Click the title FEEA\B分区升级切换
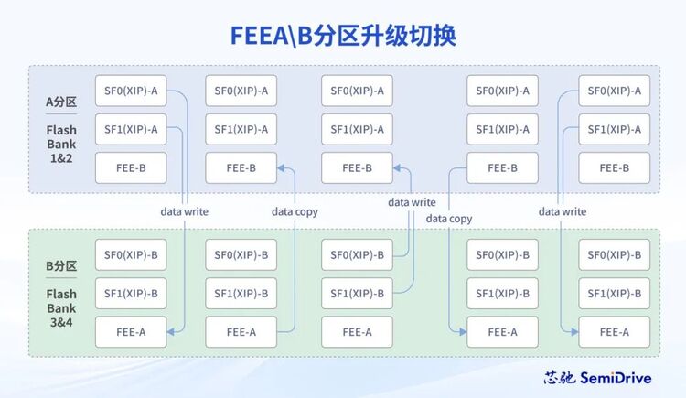(343, 36)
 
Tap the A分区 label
(61, 102)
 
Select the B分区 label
(61, 265)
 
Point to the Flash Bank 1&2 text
(61, 144)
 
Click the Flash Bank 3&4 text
(61, 308)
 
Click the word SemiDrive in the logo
(616, 378)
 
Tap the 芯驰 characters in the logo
(560, 378)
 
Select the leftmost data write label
(184, 211)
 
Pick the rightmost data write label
(563, 211)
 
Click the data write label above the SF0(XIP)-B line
(412, 202)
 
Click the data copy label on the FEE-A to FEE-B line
(295, 212)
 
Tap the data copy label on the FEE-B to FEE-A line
(449, 219)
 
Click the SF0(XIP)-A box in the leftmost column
(131, 91)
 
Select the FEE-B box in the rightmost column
(615, 167)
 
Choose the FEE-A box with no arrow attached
(357, 332)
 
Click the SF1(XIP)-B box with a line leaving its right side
(357, 294)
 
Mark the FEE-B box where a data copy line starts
(502, 167)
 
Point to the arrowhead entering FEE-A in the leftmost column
(171, 332)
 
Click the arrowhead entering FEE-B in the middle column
(397, 167)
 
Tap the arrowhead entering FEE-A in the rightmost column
(575, 332)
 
